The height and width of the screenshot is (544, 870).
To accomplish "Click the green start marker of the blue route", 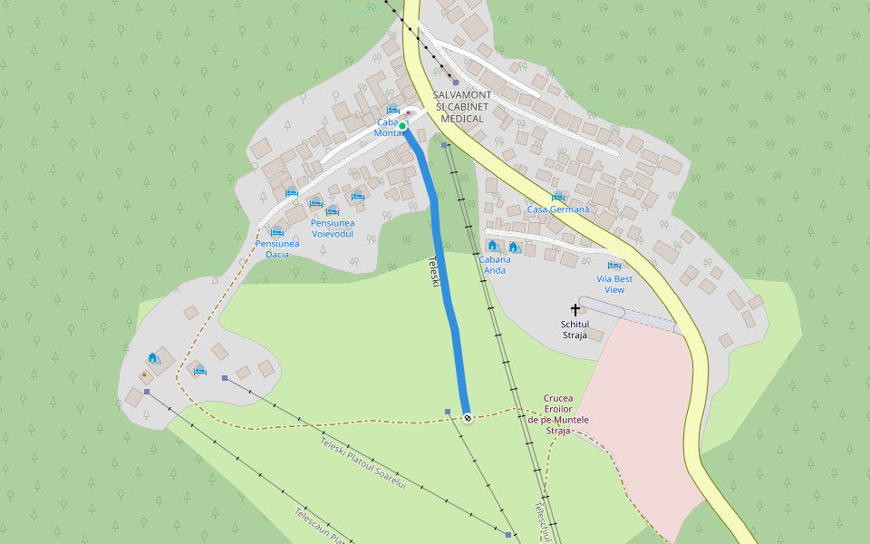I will [402, 126].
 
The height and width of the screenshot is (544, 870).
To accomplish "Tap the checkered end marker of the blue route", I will [468, 418].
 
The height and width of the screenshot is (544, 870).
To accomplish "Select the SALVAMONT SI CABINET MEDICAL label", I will [462, 106].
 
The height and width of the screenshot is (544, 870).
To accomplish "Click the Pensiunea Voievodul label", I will [332, 228].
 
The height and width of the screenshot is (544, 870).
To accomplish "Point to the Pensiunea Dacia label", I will [277, 248].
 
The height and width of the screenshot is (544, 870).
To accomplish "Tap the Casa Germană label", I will [558, 209].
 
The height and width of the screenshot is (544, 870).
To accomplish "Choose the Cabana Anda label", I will [495, 264].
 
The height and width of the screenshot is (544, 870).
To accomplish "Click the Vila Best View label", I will [614, 284].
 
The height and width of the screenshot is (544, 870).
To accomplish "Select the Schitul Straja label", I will [575, 329].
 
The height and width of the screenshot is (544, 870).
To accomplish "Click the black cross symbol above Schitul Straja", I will [575, 310].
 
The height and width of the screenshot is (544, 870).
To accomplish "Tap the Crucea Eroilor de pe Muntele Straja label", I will [559, 413].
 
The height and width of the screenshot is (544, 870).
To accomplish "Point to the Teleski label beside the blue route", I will [434, 273].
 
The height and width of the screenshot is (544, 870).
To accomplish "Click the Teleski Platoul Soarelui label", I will [362, 464].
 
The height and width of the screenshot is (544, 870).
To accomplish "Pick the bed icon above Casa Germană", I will [558, 197].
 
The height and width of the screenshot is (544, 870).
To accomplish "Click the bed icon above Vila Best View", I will [614, 267].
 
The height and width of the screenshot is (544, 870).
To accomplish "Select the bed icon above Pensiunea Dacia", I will [277, 232].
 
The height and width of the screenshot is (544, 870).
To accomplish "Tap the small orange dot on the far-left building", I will [144, 374].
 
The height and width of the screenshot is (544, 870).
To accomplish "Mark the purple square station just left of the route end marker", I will [448, 412].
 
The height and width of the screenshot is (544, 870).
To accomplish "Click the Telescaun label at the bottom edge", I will [317, 526].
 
